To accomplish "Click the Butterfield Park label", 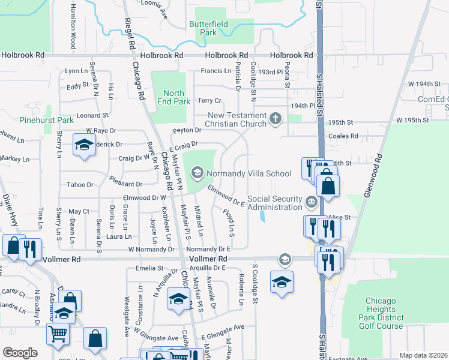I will [x=202, y=28].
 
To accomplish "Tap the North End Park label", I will [x=173, y=97].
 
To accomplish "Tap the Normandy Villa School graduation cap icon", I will [x=197, y=174].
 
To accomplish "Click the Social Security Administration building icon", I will [x=311, y=202].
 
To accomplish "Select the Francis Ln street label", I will [x=215, y=71].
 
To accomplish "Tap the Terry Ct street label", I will [x=209, y=101].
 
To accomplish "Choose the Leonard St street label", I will [x=92, y=115].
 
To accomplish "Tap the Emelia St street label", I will [x=150, y=268].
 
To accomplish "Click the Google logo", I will [x=20, y=353].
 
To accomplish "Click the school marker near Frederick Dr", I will [x=84, y=145].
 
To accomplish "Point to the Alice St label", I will [x=339, y=217].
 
